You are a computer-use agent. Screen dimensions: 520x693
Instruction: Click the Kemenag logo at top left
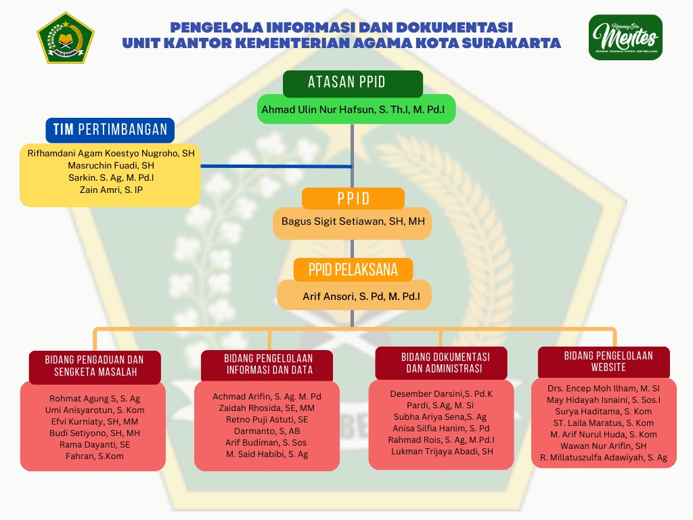point(66,37)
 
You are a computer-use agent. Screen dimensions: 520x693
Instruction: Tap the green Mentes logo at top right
point(625,37)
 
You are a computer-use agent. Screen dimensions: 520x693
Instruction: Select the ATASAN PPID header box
point(353,83)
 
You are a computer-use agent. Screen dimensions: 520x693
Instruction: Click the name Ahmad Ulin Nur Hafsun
point(357,109)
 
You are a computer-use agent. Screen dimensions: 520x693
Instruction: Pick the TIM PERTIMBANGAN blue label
point(110,130)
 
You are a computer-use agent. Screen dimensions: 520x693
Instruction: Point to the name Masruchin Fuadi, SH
point(111,165)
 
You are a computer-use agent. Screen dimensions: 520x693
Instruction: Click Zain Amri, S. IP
point(111,190)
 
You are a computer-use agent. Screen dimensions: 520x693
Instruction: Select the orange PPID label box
point(353,198)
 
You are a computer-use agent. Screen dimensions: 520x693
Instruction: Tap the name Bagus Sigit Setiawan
point(352,221)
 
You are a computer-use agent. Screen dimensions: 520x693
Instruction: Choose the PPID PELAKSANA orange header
point(353,269)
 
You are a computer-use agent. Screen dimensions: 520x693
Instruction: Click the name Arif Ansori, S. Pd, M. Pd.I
point(361,296)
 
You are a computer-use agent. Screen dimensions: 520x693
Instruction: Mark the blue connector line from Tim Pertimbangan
point(276,166)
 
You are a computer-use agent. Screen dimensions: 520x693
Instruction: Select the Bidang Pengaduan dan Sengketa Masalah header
point(95,366)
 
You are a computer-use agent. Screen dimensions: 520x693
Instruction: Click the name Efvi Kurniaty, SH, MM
point(94,421)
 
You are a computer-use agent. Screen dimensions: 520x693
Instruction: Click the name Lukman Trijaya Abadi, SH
point(442,452)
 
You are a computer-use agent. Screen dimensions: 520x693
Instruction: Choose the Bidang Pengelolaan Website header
point(604,361)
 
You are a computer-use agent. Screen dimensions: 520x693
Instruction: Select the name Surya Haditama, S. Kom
point(603,411)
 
